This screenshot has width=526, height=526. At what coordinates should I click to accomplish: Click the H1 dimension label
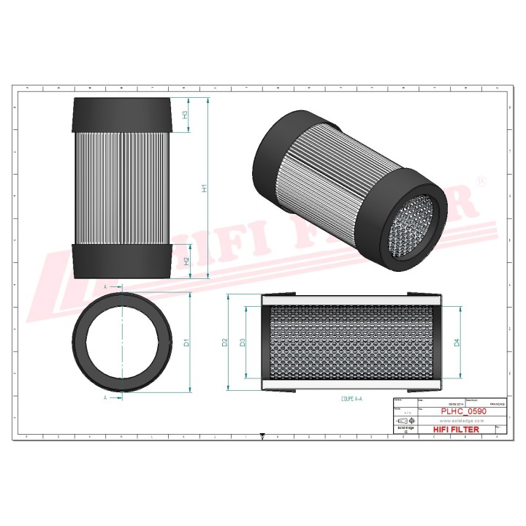coord(205,187)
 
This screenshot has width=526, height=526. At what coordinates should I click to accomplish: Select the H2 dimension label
coord(187,260)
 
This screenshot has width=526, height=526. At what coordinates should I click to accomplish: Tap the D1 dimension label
coord(187,342)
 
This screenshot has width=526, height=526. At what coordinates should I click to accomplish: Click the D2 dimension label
coord(224,342)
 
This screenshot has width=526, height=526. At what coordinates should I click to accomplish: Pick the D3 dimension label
coord(243,342)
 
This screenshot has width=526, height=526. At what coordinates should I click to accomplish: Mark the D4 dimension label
coord(457,342)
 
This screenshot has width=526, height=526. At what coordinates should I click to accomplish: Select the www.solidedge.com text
coord(463,422)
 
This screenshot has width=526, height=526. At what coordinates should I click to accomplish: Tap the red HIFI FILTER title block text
coord(457,430)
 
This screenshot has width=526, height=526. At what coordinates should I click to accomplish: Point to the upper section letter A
coord(106,288)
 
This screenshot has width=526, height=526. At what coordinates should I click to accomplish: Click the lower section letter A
coord(106,398)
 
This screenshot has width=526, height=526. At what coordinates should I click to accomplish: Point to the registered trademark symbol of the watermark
coord(480,180)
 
